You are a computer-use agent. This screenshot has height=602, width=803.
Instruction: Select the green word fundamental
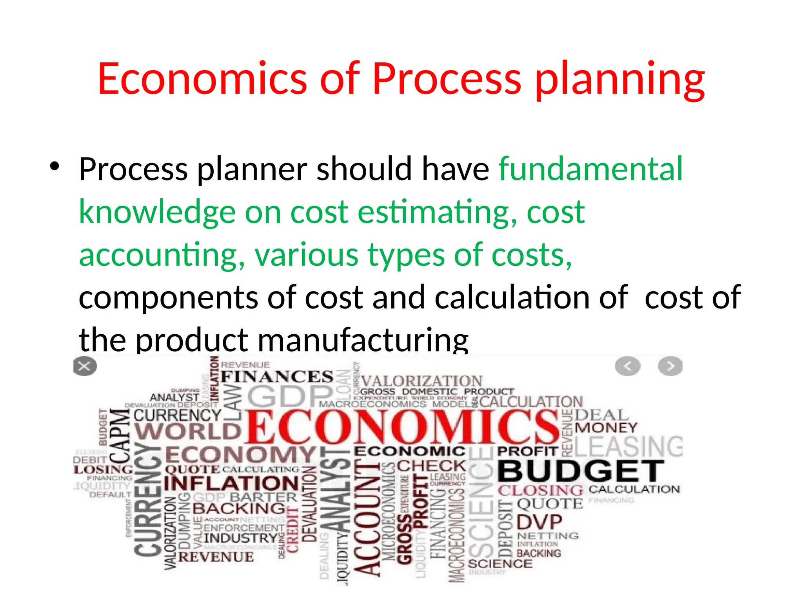(x=590, y=169)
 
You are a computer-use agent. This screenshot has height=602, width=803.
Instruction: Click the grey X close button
(x=85, y=366)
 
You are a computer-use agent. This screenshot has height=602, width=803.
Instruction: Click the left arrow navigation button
(x=627, y=366)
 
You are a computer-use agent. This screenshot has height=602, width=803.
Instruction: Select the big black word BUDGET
(x=581, y=471)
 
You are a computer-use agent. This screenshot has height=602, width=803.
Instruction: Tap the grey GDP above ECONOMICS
(x=289, y=396)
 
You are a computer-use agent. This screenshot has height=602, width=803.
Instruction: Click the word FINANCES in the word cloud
(x=277, y=377)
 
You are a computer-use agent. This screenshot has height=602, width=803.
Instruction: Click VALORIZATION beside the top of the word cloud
(x=421, y=381)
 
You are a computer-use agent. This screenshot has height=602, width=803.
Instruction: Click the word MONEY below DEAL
(x=606, y=428)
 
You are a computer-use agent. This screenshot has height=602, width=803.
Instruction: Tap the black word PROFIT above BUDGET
(x=527, y=451)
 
